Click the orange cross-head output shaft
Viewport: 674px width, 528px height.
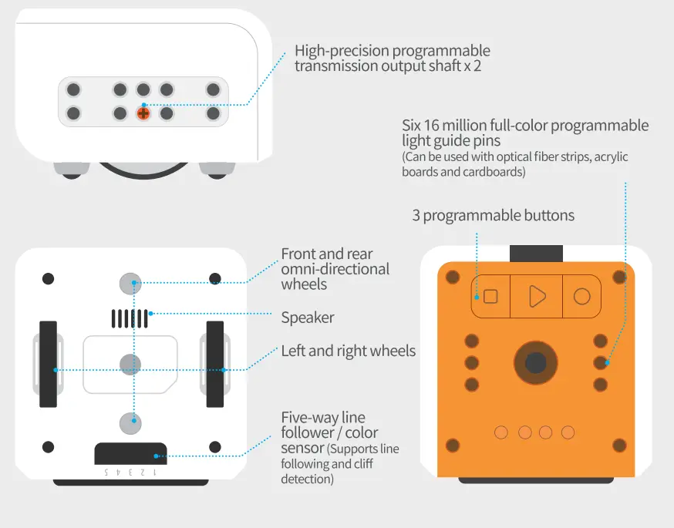pyautogui.click(x=143, y=113)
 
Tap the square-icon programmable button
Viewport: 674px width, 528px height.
pyautogui.click(x=490, y=296)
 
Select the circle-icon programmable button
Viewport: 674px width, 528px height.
pyautogui.click(x=582, y=296)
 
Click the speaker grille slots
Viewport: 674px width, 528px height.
pyautogui.click(x=130, y=318)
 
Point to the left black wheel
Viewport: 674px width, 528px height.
pyautogui.click(x=48, y=364)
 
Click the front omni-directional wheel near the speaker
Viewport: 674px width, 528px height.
pyautogui.click(x=130, y=284)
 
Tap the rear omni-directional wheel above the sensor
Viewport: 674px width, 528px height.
pyautogui.click(x=130, y=422)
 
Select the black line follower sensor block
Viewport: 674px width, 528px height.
pyautogui.click(x=130, y=454)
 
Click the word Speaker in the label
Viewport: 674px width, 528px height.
pyautogui.click(x=308, y=318)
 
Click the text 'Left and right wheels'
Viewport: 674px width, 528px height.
pyautogui.click(x=348, y=351)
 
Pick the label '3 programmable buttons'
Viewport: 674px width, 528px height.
pyautogui.click(x=493, y=216)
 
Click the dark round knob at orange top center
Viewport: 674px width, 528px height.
pyautogui.click(x=535, y=362)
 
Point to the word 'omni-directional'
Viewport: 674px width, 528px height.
pyautogui.click(x=335, y=269)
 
